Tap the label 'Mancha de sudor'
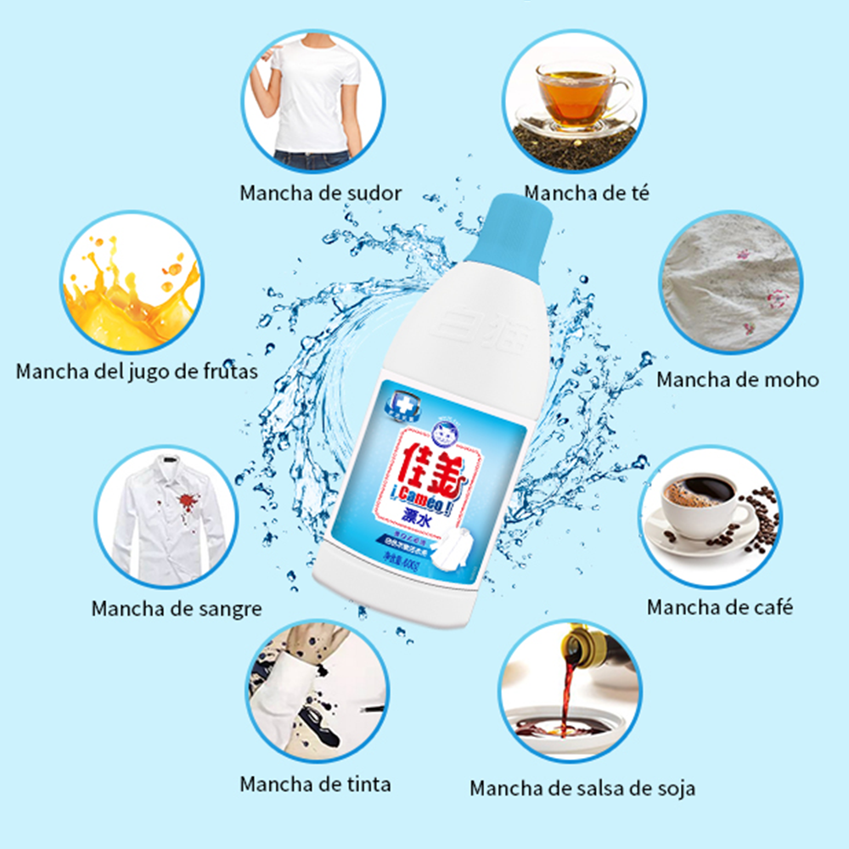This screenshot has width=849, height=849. (x=320, y=193)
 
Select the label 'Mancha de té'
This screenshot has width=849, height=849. (x=586, y=193)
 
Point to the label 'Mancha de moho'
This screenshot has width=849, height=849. (x=737, y=380)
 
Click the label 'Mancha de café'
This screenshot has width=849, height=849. (x=719, y=607)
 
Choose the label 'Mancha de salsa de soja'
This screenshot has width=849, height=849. (x=582, y=788)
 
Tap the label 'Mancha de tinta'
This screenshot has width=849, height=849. (x=315, y=784)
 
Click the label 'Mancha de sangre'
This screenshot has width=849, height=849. (x=177, y=608)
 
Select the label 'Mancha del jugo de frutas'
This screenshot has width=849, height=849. (x=137, y=371)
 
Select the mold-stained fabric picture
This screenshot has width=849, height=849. (x=731, y=288)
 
